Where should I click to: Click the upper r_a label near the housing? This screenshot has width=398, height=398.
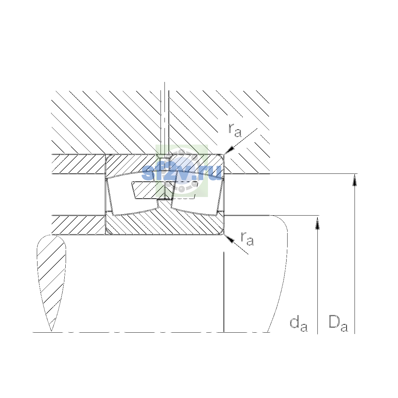tap(234, 130)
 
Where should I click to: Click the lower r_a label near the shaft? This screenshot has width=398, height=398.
tap(247, 238)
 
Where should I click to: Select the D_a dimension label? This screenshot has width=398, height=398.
tap(338, 324)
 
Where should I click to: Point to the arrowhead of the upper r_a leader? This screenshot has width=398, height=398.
tap(229, 150)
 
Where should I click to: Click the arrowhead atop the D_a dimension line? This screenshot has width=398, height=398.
tap(355, 180)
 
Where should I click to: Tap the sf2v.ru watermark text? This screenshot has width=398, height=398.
tap(182, 173)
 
